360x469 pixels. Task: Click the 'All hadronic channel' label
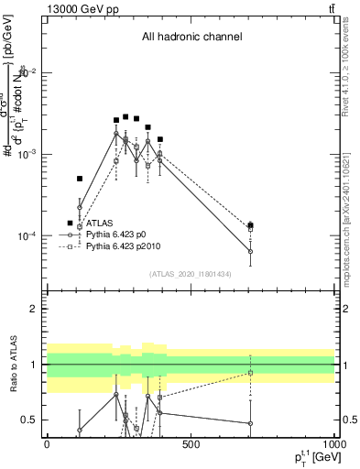(x=191, y=38)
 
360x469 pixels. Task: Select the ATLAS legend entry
(x=100, y=223)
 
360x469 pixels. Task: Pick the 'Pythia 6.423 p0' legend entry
(x=122, y=234)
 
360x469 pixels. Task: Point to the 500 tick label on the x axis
(x=191, y=444)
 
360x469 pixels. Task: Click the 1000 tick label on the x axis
(x=333, y=444)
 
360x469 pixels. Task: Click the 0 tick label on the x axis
(x=47, y=444)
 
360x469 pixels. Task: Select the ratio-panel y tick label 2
(x=34, y=309)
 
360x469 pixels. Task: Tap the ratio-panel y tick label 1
(x=34, y=365)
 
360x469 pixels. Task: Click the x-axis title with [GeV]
(x=311, y=460)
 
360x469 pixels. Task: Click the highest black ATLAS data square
(x=125, y=116)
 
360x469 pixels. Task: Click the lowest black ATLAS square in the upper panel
(x=71, y=223)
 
